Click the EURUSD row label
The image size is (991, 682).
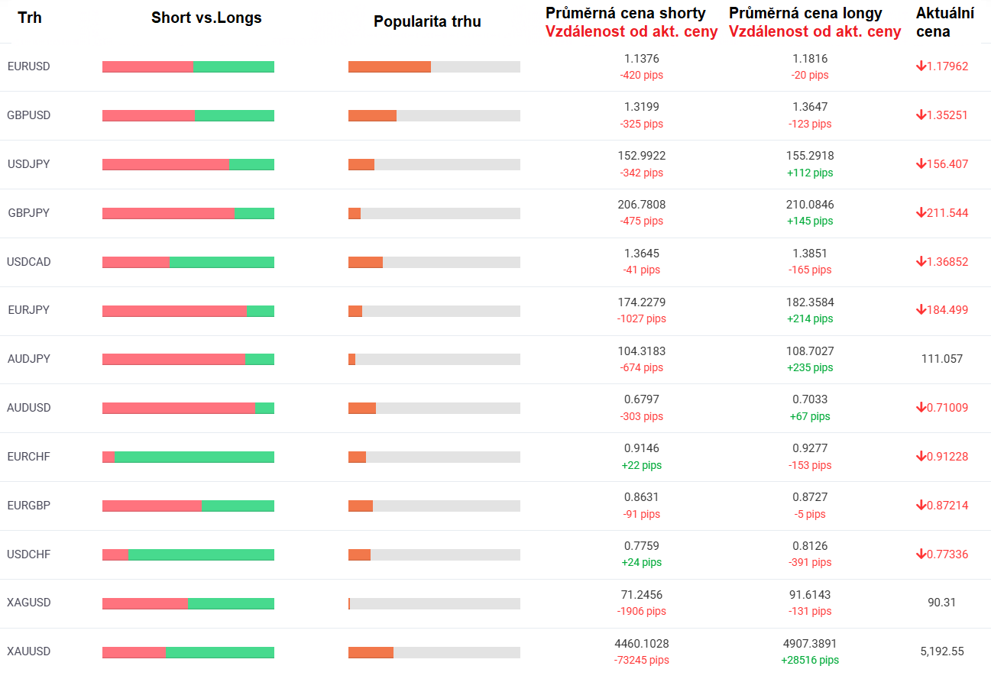tap(28, 66)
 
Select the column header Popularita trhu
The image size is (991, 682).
tap(427, 21)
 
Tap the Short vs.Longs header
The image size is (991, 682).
tap(206, 18)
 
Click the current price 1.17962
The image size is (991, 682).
tap(947, 66)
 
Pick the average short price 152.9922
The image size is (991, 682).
tap(641, 156)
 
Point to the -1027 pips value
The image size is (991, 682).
tap(641, 318)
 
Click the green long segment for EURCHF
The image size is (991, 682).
tap(194, 457)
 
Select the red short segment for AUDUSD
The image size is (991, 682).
tap(178, 408)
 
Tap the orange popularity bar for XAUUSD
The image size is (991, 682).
tap(371, 652)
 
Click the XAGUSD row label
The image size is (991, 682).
tap(29, 603)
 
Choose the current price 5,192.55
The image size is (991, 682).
tap(942, 651)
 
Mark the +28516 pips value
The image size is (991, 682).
tap(809, 660)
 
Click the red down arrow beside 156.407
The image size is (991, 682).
tap(921, 163)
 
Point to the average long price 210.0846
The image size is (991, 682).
tap(810, 205)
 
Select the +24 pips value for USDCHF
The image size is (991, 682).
tap(641, 562)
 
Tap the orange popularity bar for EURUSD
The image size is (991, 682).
tap(390, 66)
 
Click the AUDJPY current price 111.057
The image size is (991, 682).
tap(942, 359)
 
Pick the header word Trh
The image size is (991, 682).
tap(30, 18)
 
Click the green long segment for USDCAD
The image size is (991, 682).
tap(222, 262)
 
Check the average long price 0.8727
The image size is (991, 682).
tap(810, 497)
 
